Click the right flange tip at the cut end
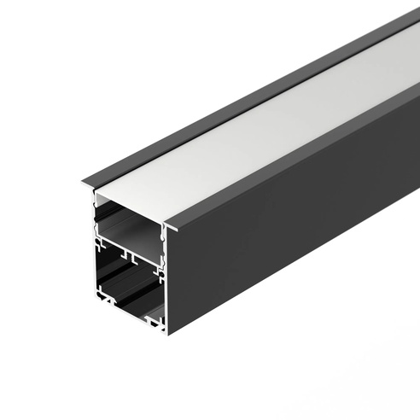click(171, 228)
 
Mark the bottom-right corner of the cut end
click(165, 334)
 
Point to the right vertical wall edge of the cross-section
click(165, 282)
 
